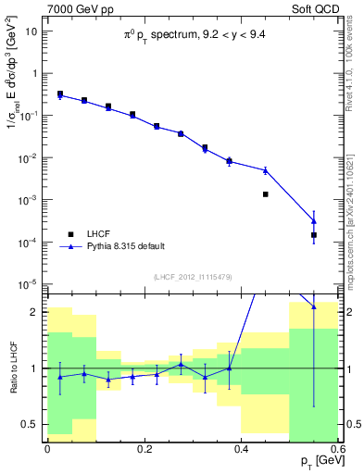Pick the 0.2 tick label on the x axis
click(144, 448)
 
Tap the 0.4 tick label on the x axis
click(241, 448)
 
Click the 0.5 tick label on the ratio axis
click(32, 424)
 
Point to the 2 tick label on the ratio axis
click(38, 312)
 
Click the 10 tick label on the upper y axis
click(32, 31)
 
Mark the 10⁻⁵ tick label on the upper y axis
click(31, 284)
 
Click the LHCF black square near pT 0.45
click(265, 194)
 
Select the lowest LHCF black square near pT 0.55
click(314, 235)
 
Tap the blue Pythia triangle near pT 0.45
click(265, 170)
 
